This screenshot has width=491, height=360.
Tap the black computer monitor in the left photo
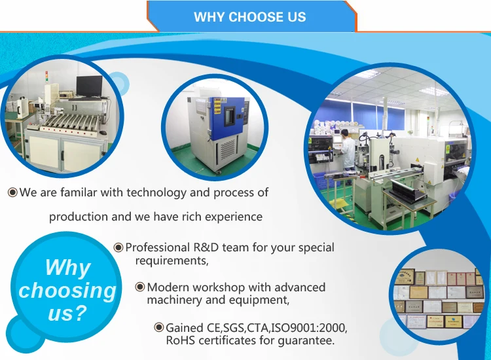(89, 86)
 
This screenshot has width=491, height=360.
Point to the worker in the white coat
(348, 150)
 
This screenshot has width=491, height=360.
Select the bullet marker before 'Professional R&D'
(118, 247)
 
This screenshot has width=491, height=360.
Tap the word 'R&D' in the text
(206, 247)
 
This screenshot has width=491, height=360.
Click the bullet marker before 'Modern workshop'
(140, 287)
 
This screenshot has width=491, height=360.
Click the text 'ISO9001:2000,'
(309, 328)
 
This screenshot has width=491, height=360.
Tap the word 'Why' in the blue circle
(67, 267)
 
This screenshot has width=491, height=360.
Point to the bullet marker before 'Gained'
(159, 327)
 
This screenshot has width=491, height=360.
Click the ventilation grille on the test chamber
(228, 149)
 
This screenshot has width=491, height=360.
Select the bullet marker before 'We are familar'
(12, 192)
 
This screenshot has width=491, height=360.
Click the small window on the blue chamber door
(230, 115)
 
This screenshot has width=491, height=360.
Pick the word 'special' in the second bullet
(316, 247)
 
